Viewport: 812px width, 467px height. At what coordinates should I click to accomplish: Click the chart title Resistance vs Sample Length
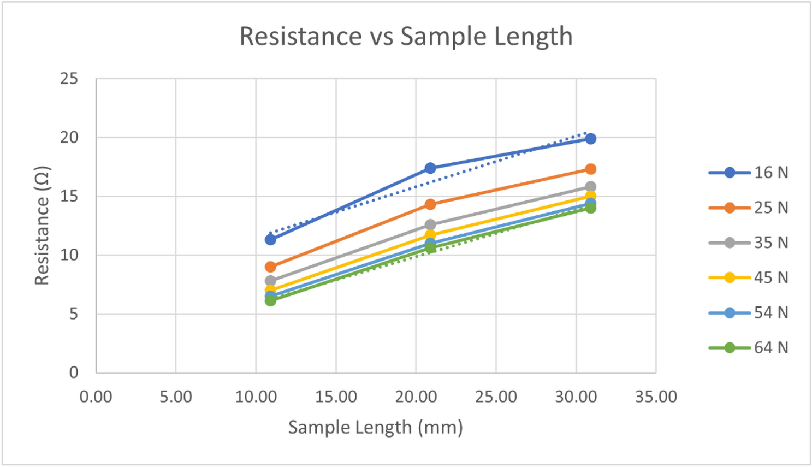(x=406, y=37)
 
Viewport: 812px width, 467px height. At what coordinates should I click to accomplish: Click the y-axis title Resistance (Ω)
(x=42, y=225)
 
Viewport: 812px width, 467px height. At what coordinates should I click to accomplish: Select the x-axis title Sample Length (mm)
(x=375, y=427)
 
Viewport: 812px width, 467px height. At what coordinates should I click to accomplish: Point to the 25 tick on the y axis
(x=69, y=79)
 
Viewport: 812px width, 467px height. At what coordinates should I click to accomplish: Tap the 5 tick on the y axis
(x=74, y=314)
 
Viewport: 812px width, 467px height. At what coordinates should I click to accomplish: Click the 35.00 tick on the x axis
(x=656, y=397)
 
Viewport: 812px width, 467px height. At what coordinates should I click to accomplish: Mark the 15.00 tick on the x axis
(x=336, y=397)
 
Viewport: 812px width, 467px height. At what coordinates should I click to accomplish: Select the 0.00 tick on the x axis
(x=96, y=397)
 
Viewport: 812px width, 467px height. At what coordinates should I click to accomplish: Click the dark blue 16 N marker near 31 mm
(x=590, y=139)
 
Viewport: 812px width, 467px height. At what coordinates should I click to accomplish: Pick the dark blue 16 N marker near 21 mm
(x=430, y=168)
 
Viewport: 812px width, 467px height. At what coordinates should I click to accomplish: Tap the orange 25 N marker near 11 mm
(x=270, y=267)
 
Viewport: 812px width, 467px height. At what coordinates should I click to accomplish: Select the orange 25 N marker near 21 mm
(x=430, y=204)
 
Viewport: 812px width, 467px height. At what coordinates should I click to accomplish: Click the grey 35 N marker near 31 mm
(x=590, y=187)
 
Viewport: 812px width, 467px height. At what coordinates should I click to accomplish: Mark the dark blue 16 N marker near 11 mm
(x=270, y=240)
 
